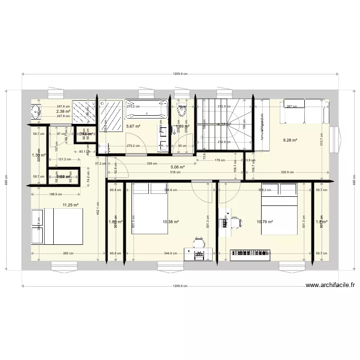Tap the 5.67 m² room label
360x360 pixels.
point(133,127)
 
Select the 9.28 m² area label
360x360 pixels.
point(290,141)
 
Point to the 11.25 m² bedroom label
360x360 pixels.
point(70,205)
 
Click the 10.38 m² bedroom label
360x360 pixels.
point(171,222)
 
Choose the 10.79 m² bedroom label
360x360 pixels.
point(265,222)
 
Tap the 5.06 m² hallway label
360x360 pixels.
point(178,167)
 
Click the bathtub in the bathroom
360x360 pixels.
point(147,109)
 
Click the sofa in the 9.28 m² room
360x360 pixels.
point(306,110)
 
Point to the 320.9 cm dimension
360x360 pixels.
point(287,172)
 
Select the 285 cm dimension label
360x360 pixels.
point(68,253)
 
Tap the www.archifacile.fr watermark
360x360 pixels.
point(330,286)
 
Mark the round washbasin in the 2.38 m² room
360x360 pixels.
point(35,112)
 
